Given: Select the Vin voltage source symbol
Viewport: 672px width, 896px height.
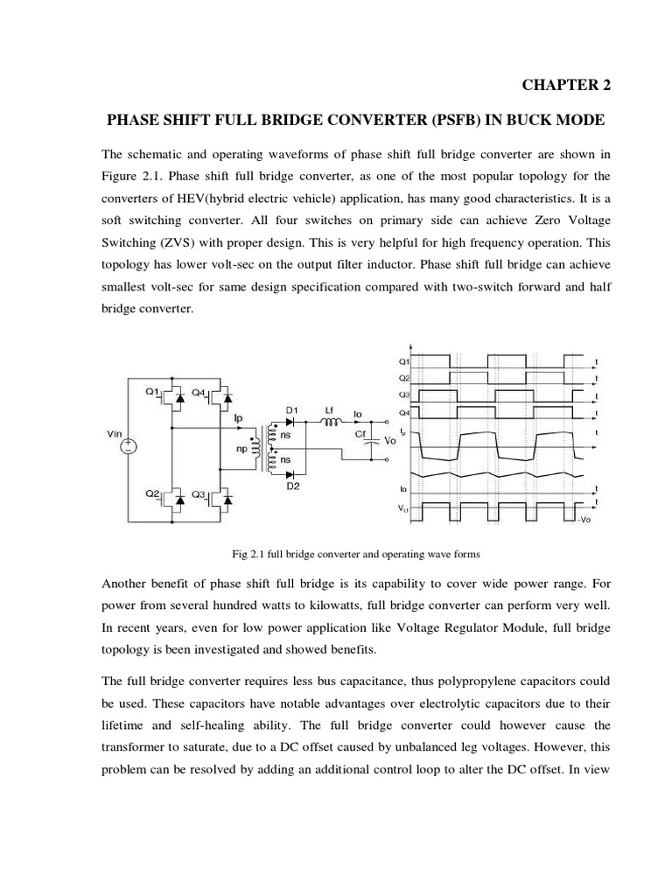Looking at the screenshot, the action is click(128, 445).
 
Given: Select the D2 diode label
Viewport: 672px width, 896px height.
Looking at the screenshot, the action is click(292, 486).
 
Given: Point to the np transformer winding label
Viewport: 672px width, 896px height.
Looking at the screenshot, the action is click(239, 449).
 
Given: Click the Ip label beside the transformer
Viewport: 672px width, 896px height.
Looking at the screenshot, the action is click(238, 418).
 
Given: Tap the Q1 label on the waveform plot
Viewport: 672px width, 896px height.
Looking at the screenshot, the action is click(404, 360).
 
